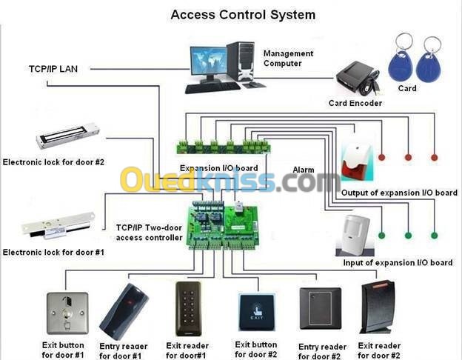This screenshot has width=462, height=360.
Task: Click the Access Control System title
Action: point(243,15)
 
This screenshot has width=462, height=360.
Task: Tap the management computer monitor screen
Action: point(209,61)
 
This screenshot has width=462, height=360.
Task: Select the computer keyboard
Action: point(212,87)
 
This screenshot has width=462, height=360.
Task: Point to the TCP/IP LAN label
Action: point(53,69)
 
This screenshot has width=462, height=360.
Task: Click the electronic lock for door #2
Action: point(68,136)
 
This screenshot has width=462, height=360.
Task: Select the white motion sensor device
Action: point(355,235)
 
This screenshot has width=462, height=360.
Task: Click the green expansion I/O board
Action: point(224,146)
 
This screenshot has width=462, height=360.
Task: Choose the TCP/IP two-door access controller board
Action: point(224,224)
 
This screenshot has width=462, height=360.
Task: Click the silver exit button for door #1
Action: point(67,313)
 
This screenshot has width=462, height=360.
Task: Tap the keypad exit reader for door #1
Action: point(188,309)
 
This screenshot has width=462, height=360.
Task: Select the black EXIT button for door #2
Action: point(257,313)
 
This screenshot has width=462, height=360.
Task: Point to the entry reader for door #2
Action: point(321,308)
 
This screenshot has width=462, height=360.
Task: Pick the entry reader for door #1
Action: point(124,311)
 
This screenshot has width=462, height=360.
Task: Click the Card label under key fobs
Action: point(407,88)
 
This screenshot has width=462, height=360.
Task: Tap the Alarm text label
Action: point(304,170)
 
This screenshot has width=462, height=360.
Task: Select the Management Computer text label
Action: point(288,59)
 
